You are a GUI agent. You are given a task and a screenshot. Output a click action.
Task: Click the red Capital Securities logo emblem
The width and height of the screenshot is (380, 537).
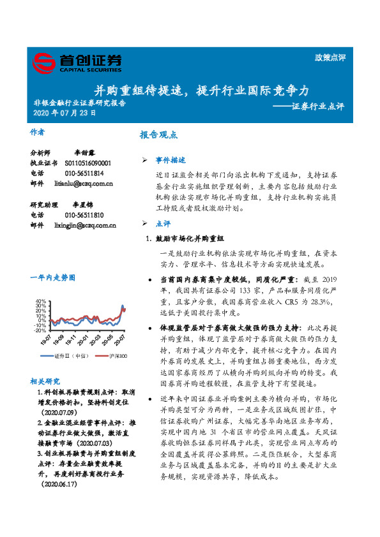[45, 63]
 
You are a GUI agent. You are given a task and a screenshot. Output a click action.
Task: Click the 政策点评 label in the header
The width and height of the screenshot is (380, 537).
[330, 57]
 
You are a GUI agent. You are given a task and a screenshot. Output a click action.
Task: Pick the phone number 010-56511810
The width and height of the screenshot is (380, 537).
[84, 216]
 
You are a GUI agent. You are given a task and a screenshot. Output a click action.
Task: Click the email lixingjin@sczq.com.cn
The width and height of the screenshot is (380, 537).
[86, 225]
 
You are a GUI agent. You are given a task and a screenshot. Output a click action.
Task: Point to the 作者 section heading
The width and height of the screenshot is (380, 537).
[38, 133]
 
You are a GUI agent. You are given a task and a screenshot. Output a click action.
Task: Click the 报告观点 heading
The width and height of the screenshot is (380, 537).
[158, 135]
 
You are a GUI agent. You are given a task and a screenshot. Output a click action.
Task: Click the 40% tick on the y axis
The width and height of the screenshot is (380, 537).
[40, 301]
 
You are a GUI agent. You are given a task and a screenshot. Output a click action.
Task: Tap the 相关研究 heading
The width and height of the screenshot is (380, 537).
[45, 381]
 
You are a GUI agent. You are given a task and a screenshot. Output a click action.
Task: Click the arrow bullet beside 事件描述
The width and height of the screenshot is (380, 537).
[144, 159]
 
